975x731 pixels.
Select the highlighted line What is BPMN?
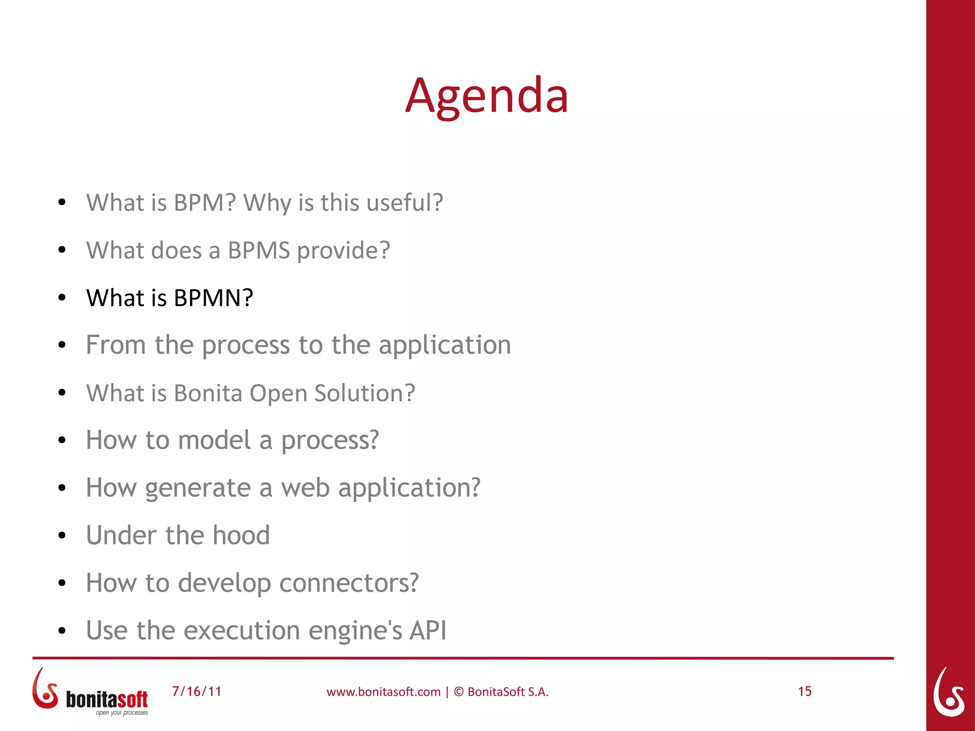tap(169, 298)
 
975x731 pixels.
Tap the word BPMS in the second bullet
tap(259, 250)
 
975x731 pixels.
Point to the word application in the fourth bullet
tap(445, 346)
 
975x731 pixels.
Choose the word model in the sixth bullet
tap(214, 440)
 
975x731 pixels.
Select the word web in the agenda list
tap(305, 488)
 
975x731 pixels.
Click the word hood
tap(241, 535)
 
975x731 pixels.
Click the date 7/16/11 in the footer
tap(197, 691)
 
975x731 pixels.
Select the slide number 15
tap(805, 691)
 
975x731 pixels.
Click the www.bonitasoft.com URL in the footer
tap(383, 692)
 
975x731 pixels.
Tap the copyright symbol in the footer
tap(458, 692)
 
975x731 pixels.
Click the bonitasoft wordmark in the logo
tap(107, 699)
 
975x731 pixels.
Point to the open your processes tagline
tap(122, 713)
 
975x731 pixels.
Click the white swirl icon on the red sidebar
tap(949, 692)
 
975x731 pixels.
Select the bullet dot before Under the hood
tap(62, 536)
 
